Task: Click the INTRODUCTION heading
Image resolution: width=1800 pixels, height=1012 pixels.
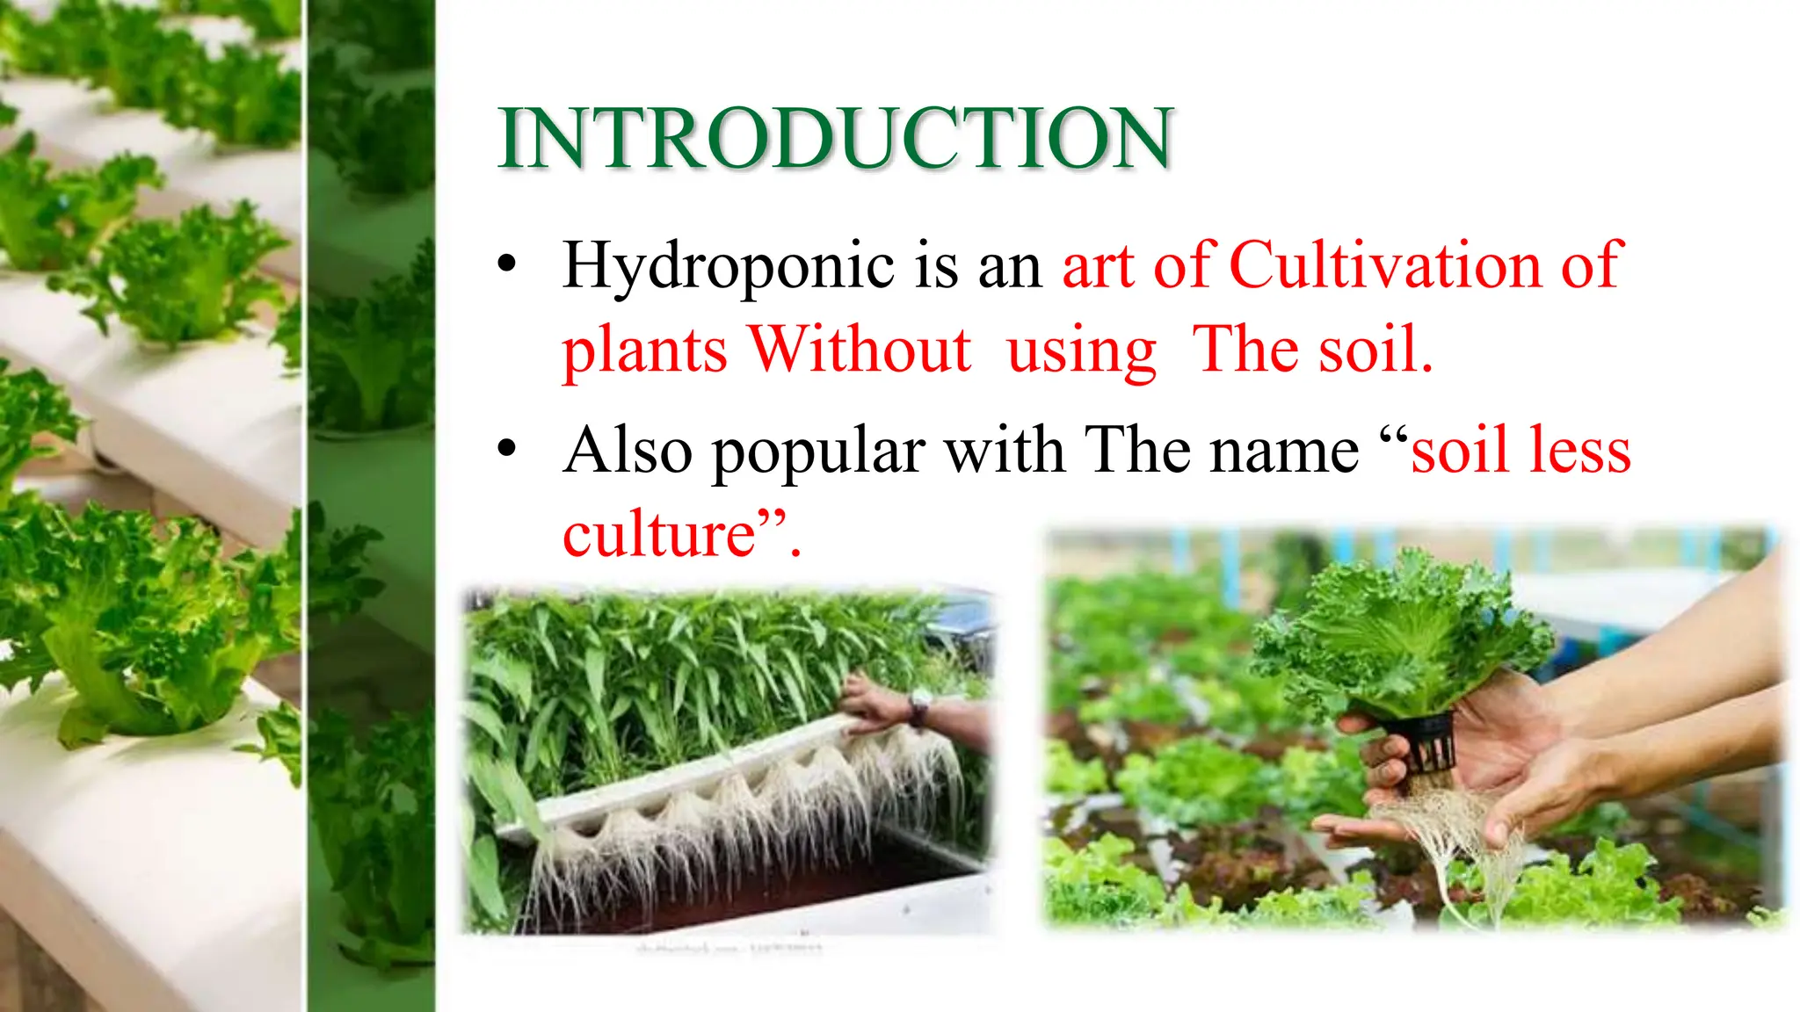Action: tap(835, 138)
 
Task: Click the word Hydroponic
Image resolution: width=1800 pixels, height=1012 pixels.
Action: tap(728, 266)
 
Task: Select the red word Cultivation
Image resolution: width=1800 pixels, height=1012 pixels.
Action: tap(1385, 264)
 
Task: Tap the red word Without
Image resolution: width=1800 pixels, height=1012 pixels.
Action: tap(860, 350)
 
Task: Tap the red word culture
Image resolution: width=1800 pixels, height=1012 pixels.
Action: tap(659, 535)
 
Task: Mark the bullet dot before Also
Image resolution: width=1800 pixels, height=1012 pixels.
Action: tap(506, 449)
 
